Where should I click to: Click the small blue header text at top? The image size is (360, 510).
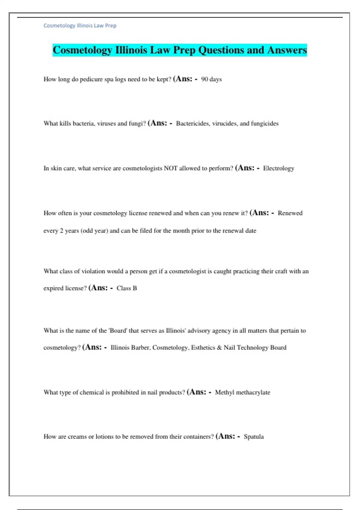coord(80,25)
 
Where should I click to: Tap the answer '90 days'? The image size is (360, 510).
coord(211,79)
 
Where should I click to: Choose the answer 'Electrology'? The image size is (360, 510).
coord(278,168)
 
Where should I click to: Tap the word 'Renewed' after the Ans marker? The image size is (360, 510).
coord(290,213)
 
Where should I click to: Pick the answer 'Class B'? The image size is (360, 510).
coord(127,288)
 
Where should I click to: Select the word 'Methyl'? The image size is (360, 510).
coord(224,392)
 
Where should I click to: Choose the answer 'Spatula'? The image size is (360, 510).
coord(253,436)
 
